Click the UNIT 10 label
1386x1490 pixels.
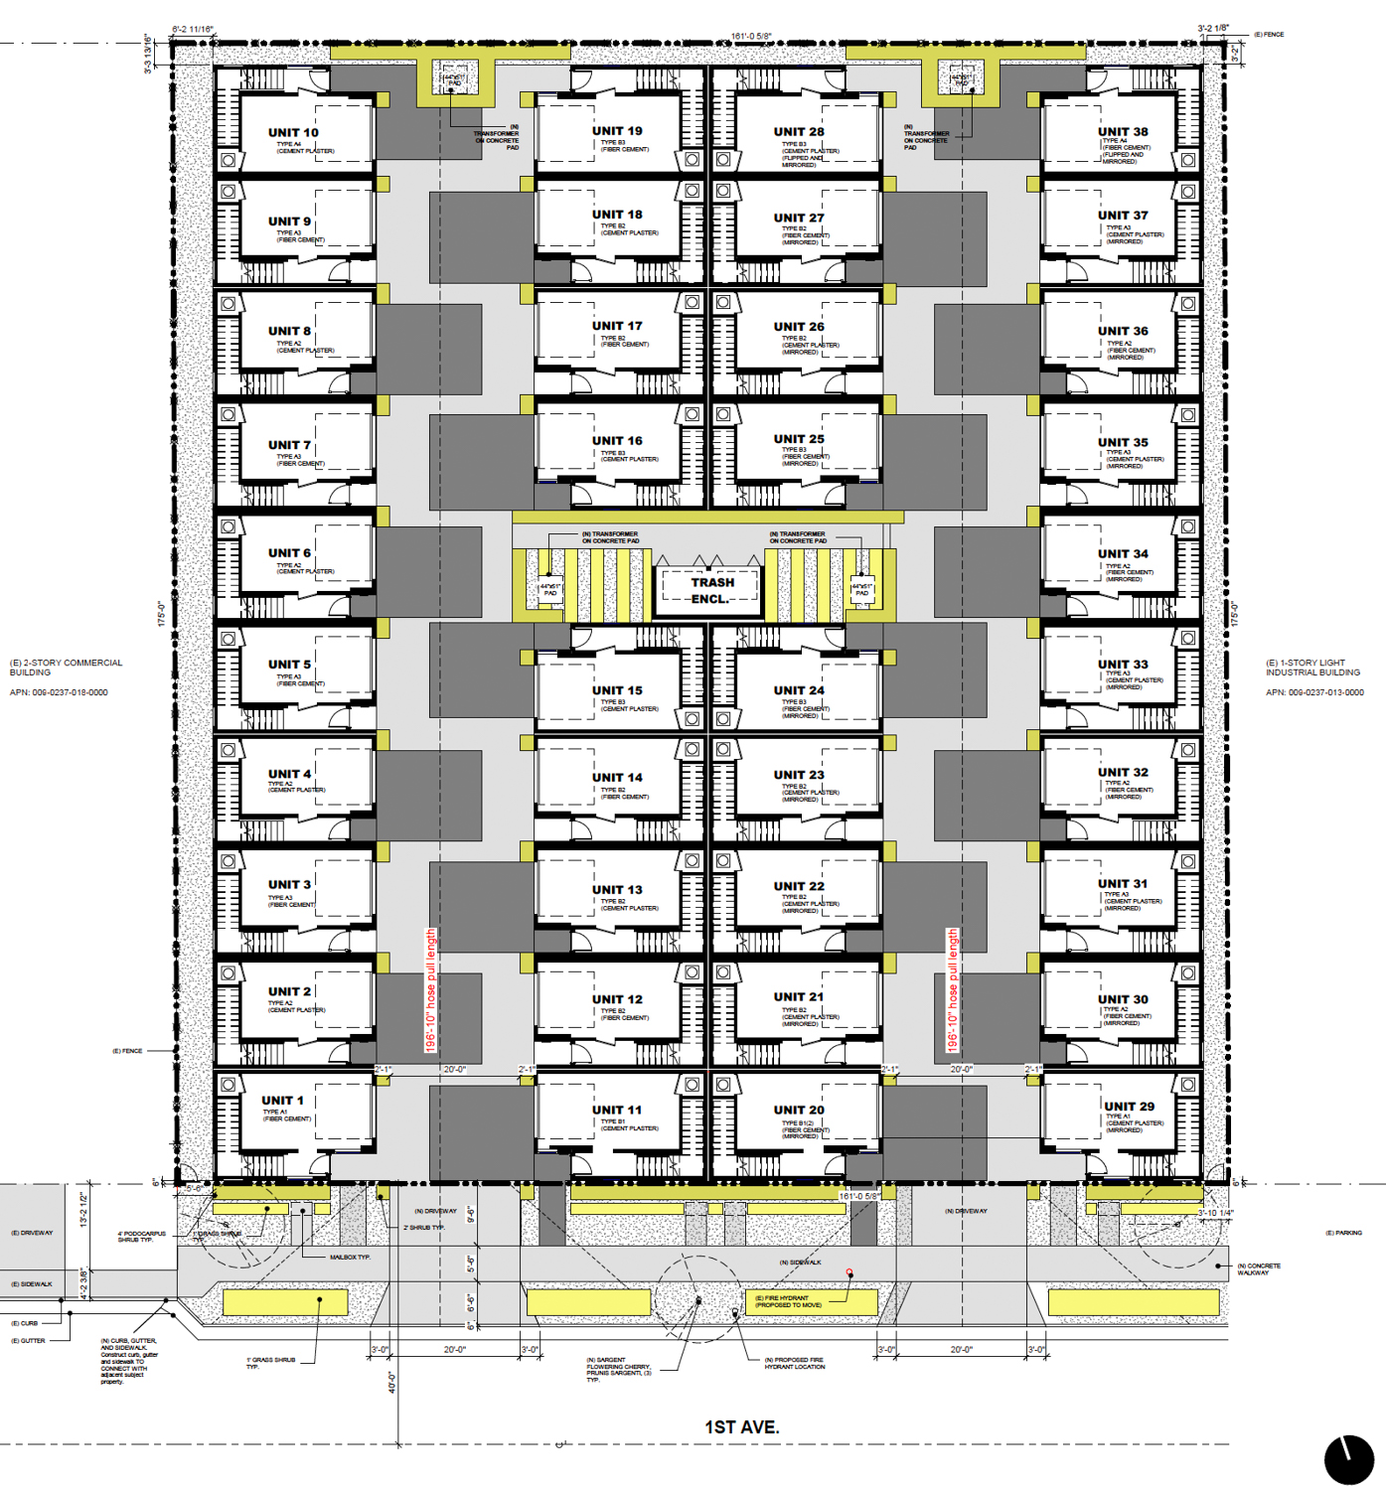[293, 132]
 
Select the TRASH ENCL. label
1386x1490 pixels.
[711, 590]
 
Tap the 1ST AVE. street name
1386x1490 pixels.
[741, 1426]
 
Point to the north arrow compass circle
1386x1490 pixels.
[1348, 1459]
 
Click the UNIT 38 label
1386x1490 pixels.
[1123, 131]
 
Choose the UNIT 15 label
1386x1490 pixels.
[617, 690]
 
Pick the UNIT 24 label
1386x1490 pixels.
[799, 690]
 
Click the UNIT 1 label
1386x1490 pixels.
[282, 1100]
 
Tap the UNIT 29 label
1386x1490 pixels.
[1129, 1106]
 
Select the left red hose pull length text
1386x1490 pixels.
[431, 990]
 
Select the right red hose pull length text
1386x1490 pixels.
[952, 990]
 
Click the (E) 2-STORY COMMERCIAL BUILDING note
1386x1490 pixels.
[66, 668]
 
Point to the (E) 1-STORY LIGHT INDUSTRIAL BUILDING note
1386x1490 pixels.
[1312, 668]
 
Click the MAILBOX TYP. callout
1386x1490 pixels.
[350, 1257]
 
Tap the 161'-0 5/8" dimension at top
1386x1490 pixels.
[750, 37]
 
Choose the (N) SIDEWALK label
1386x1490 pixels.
[800, 1262]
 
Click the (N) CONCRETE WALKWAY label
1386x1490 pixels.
[1259, 1268]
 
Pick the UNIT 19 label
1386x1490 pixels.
[617, 130]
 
